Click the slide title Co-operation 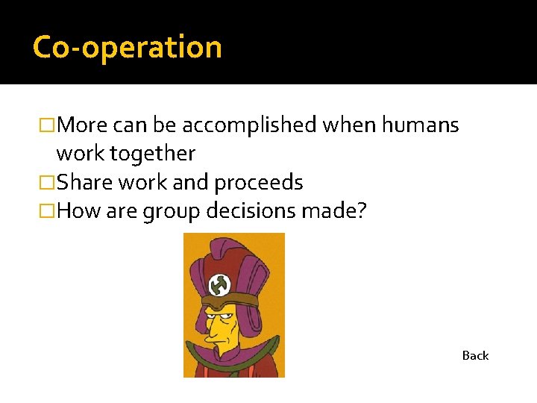pos(128,47)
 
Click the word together pos(153,154)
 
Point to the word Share pos(81,182)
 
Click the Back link pos(475,355)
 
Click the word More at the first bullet pos(81,125)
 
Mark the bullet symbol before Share pos(48,183)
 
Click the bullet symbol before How pos(48,212)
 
